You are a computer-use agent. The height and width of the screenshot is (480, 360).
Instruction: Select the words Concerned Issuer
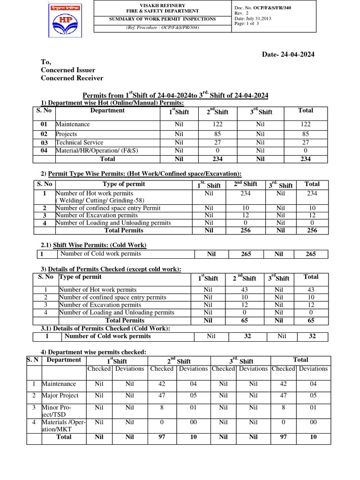pyautogui.click(x=68, y=70)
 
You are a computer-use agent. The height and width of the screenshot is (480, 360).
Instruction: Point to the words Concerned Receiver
pyautogui.click(x=72, y=78)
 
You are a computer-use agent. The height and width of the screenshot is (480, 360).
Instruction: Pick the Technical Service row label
pyautogui.click(x=79, y=142)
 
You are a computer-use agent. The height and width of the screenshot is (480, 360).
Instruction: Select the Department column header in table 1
pyautogui.click(x=107, y=111)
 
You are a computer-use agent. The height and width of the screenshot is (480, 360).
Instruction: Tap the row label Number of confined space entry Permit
pyautogui.click(x=108, y=208)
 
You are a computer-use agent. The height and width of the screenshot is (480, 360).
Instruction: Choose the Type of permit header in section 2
pyautogui.click(x=124, y=184)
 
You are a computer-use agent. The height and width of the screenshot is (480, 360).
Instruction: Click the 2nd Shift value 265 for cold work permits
pyautogui.click(x=246, y=254)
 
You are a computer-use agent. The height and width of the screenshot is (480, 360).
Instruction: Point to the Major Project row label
pyautogui.click(x=60, y=396)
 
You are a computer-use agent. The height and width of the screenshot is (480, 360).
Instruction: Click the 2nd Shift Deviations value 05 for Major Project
pyautogui.click(x=193, y=396)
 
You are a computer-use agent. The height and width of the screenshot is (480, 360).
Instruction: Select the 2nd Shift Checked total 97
pyautogui.click(x=162, y=437)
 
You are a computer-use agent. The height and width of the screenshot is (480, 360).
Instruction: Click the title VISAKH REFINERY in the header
pyautogui.click(x=163, y=5)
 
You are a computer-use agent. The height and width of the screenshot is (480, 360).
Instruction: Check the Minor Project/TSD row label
pyautogui.click(x=57, y=411)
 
